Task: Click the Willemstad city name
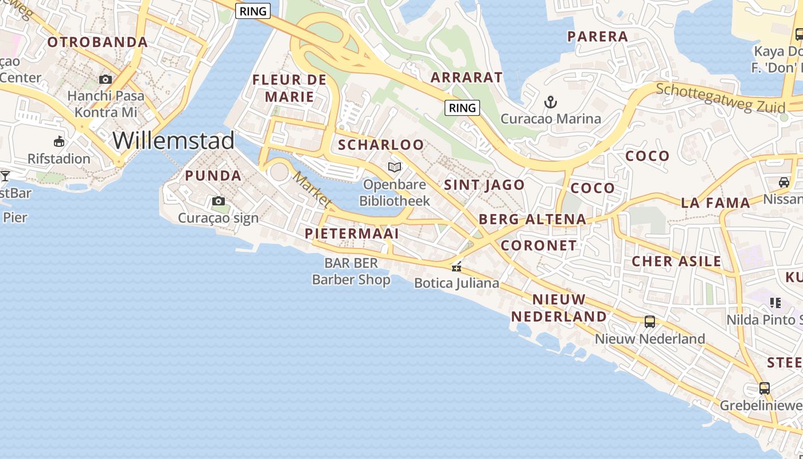pyautogui.click(x=173, y=141)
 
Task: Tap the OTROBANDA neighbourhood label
pyautogui.click(x=98, y=42)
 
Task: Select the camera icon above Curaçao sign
pyautogui.click(x=219, y=201)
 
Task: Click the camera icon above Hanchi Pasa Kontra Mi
pyautogui.click(x=106, y=79)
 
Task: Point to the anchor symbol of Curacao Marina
pyautogui.click(x=550, y=103)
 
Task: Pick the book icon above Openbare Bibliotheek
pyautogui.click(x=394, y=167)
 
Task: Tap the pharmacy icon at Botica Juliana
pyautogui.click(x=457, y=267)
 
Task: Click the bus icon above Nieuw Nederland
pyautogui.click(x=649, y=322)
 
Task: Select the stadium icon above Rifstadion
pyautogui.click(x=59, y=141)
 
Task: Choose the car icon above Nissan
pyautogui.click(x=783, y=182)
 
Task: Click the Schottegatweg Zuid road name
pyautogui.click(x=720, y=99)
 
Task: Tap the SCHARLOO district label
pyautogui.click(x=381, y=145)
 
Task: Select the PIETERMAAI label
pyautogui.click(x=352, y=234)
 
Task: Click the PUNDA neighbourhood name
pyautogui.click(x=213, y=176)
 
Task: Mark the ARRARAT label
pyautogui.click(x=466, y=77)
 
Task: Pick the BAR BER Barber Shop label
pyautogui.click(x=351, y=271)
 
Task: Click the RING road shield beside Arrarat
pyautogui.click(x=462, y=107)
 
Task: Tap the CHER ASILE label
pyautogui.click(x=676, y=262)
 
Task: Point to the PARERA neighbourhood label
pyautogui.click(x=598, y=37)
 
